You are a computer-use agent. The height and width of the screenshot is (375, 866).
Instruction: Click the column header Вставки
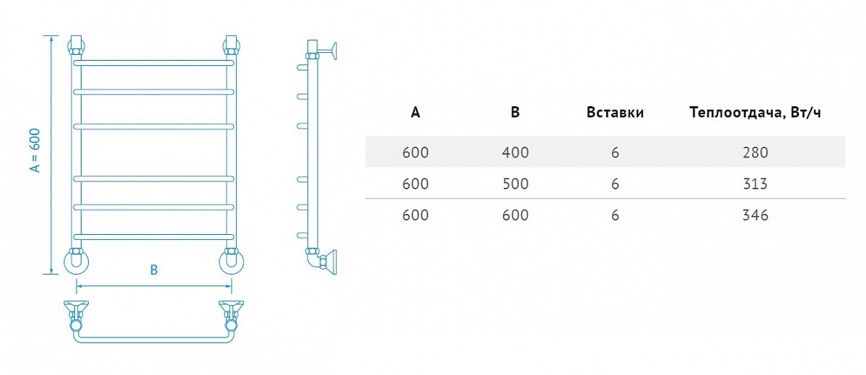click(615, 112)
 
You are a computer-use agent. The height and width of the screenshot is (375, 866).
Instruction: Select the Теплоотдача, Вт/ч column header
click(755, 113)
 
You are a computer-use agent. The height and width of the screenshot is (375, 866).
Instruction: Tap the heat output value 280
click(755, 152)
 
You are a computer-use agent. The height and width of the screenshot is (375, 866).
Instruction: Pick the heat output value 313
click(755, 184)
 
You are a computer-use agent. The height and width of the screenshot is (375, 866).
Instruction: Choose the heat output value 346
click(755, 215)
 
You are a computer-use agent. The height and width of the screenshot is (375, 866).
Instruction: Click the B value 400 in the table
click(515, 152)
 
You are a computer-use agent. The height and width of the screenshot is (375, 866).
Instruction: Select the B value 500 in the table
click(515, 184)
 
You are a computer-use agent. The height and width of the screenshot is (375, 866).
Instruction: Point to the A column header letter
click(415, 112)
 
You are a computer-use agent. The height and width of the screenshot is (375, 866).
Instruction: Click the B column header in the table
click(515, 112)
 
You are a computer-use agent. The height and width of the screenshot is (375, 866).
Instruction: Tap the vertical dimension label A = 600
click(35, 150)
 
